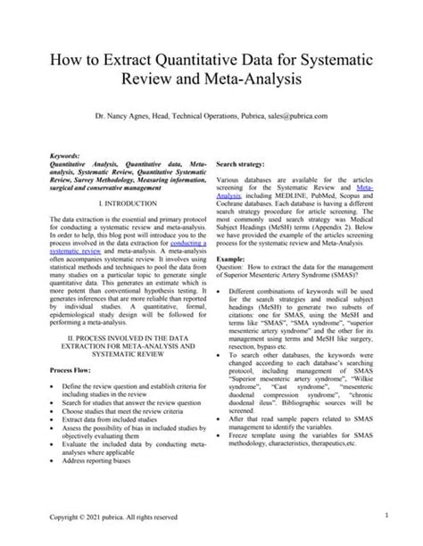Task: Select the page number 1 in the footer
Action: click(x=386, y=515)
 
